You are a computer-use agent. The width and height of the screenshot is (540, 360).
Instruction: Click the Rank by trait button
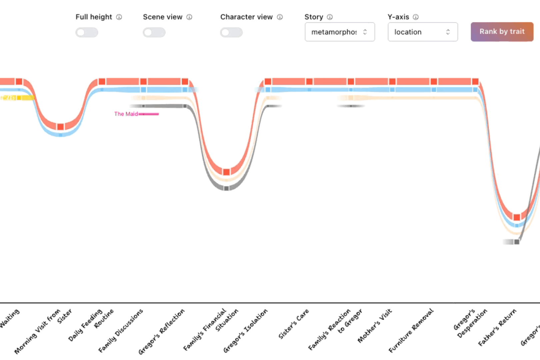coord(502,32)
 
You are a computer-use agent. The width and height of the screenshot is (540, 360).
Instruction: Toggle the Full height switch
coord(87,32)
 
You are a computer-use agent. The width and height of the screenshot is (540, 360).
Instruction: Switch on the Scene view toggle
coord(154,32)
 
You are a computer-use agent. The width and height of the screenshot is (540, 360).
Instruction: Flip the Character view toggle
coord(231,32)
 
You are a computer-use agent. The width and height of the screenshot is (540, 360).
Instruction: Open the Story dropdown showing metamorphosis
coord(339,32)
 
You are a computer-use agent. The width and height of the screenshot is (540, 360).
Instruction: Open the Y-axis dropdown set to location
coord(422,32)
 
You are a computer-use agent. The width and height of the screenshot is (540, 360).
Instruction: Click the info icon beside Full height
coord(119,17)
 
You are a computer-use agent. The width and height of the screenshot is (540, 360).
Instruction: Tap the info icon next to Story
coord(330,17)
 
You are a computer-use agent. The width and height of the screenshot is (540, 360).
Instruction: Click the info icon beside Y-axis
coord(416,17)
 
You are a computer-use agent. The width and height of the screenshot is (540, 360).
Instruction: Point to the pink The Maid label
coord(126,114)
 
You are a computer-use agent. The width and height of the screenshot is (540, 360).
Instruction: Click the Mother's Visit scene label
coord(375,326)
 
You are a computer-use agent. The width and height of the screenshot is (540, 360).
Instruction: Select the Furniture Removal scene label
coord(411,330)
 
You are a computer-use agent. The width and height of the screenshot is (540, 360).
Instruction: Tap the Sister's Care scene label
coord(294,324)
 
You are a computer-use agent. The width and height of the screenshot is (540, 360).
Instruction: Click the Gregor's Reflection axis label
coord(161,331)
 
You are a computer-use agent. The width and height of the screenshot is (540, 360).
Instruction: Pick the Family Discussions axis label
coord(121,330)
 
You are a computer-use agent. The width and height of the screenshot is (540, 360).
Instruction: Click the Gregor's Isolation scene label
coord(245,330)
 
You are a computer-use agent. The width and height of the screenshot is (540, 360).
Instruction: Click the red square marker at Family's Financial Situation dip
coord(226,172)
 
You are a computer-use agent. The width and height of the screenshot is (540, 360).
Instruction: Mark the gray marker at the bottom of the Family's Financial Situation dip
coord(226,188)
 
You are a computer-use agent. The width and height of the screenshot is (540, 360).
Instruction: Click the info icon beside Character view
coord(280,17)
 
